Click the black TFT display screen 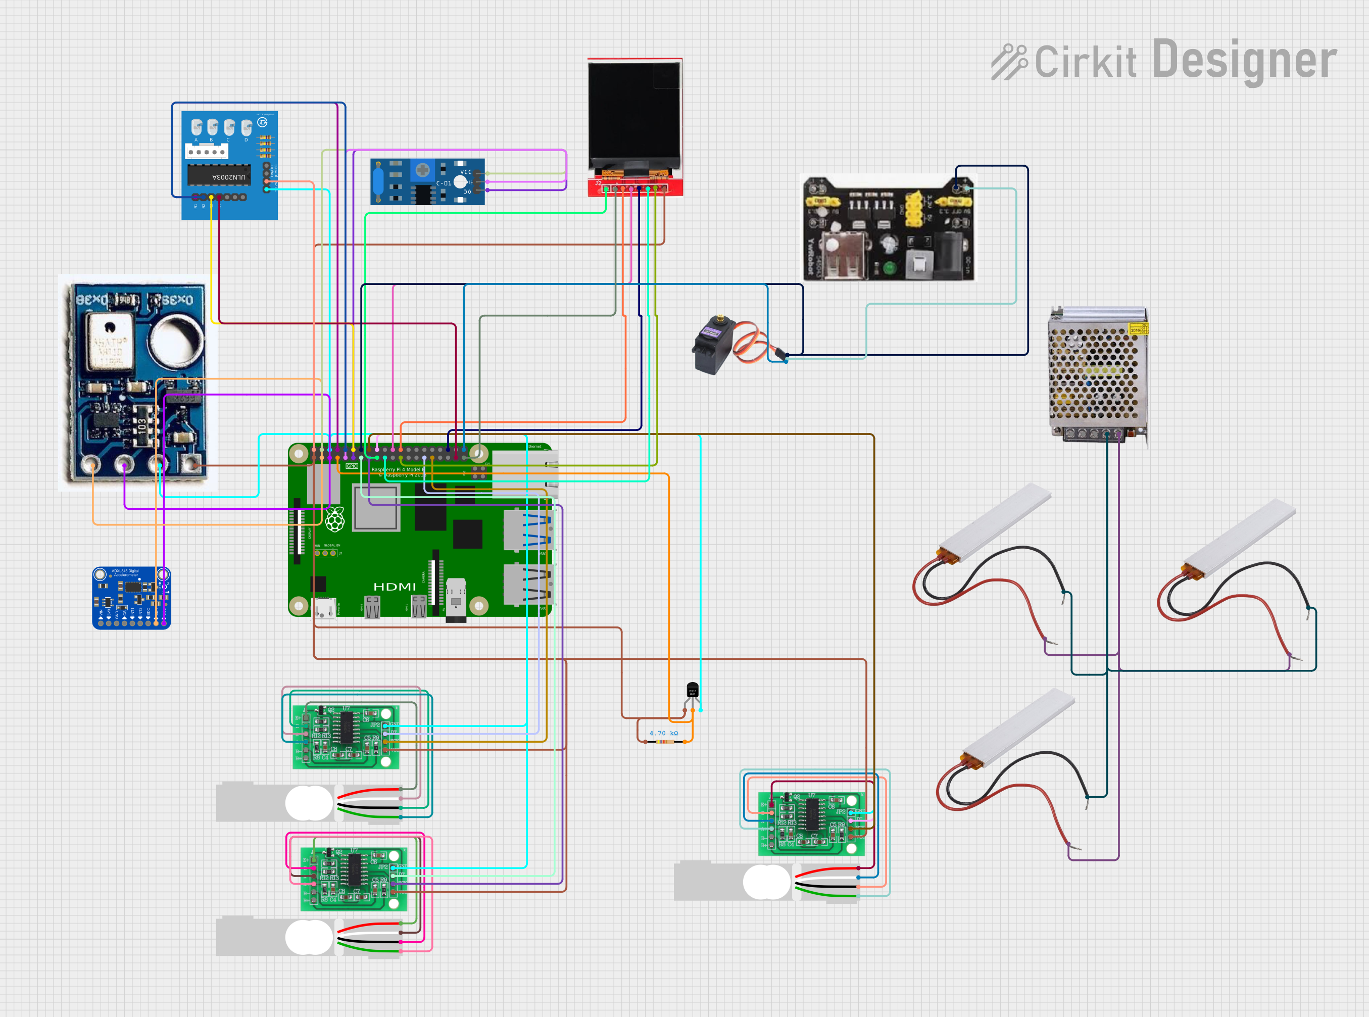[x=634, y=117]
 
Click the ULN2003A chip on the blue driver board [x=219, y=175]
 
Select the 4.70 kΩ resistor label [x=664, y=733]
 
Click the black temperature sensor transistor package [x=692, y=690]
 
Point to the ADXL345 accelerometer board [x=130, y=597]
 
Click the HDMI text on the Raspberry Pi [x=394, y=587]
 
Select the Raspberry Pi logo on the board [x=335, y=520]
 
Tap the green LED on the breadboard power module [x=889, y=268]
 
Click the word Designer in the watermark [x=1243, y=60]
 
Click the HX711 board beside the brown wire [x=811, y=824]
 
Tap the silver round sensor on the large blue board [x=177, y=342]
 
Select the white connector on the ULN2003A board [x=207, y=151]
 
